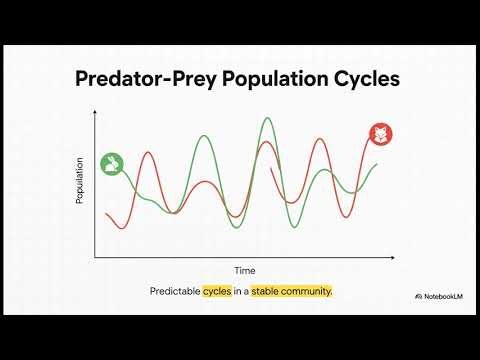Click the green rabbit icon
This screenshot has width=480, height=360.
tap(112, 163)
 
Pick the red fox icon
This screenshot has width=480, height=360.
tap(381, 133)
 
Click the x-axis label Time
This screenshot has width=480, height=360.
tap(245, 270)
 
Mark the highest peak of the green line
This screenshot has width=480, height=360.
tap(267, 118)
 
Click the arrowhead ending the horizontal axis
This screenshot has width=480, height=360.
tap(398, 257)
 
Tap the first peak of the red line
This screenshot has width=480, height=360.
tap(148, 152)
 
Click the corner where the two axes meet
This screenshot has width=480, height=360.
tap(95, 257)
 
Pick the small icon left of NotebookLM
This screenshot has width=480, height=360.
tap(417, 297)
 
